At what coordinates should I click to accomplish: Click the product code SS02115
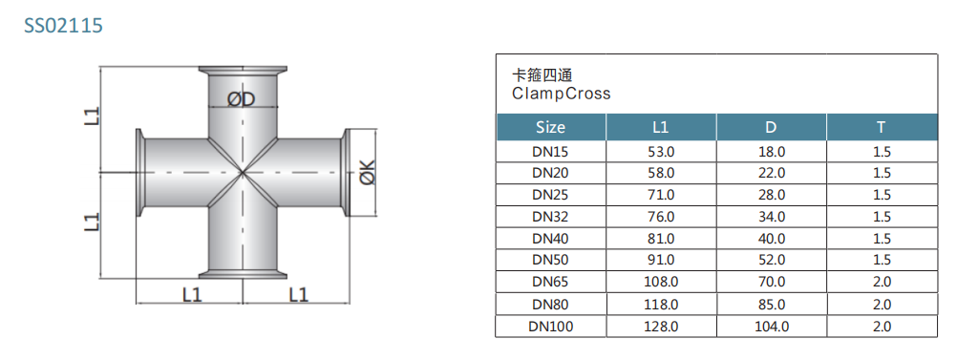click(63, 26)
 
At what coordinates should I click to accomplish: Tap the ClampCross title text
click(561, 94)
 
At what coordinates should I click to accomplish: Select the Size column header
click(550, 127)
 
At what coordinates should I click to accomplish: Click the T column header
click(881, 127)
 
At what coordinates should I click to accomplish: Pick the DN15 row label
click(550, 151)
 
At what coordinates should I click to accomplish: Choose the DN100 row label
click(550, 327)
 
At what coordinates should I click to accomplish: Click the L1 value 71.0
click(661, 195)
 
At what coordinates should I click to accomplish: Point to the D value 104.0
click(771, 327)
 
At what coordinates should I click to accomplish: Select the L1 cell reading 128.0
click(661, 327)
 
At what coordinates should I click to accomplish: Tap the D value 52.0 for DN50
click(771, 260)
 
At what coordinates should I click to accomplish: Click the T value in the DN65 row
click(881, 282)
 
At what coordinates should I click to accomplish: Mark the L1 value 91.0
click(661, 260)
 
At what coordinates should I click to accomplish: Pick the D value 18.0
click(771, 151)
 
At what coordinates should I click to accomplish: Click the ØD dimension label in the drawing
click(243, 99)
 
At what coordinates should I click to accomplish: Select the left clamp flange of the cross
click(138, 172)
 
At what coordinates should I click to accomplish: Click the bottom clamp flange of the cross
click(242, 277)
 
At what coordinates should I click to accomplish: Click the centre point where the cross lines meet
click(242, 173)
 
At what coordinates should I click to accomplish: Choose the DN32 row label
click(550, 217)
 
